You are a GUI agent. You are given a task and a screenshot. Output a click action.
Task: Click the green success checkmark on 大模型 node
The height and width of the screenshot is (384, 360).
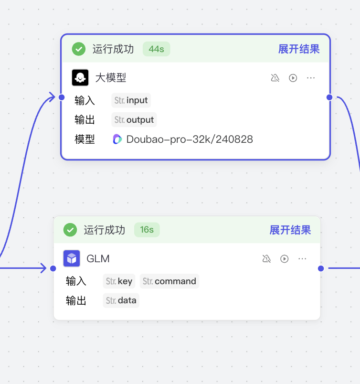click(79, 49)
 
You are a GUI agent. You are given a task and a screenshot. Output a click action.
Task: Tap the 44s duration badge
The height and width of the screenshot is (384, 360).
click(156, 49)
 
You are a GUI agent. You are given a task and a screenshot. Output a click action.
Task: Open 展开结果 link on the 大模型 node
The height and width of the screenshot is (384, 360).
click(299, 49)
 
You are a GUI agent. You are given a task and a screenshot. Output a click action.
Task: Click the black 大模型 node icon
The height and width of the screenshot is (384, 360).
click(80, 77)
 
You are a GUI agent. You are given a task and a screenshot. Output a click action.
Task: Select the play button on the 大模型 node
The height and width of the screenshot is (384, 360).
click(293, 78)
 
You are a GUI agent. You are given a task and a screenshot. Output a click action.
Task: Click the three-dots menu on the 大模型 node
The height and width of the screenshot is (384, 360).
click(311, 78)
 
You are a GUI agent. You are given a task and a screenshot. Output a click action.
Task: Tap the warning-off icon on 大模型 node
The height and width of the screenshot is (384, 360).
click(275, 78)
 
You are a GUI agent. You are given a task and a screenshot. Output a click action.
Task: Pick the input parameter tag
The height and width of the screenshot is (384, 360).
click(131, 101)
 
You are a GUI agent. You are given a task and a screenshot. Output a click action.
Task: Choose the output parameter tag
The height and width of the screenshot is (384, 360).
click(134, 120)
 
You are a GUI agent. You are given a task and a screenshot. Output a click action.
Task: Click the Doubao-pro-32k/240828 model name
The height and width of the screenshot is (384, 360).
click(190, 139)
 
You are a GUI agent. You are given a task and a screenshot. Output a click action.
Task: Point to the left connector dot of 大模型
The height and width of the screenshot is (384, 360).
click(62, 97)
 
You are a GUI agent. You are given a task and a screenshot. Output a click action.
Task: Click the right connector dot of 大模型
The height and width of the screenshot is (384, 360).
click(329, 97)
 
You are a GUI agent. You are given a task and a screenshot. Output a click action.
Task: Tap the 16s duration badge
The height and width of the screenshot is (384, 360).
click(147, 230)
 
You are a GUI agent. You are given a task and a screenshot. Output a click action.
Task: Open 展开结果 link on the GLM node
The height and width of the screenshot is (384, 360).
click(290, 230)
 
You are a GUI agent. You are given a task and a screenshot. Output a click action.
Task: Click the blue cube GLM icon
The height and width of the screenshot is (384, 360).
click(72, 258)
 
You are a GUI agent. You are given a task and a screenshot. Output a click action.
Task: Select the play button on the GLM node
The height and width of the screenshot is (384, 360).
click(285, 259)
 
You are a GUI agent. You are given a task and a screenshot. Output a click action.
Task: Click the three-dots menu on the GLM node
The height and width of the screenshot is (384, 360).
click(302, 259)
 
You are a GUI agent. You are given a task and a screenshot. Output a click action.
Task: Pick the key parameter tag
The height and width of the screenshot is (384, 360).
click(119, 281)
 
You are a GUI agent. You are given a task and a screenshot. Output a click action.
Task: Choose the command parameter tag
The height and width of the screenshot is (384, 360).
click(169, 281)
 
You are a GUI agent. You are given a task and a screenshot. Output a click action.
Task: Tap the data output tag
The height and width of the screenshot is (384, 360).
click(121, 300)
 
